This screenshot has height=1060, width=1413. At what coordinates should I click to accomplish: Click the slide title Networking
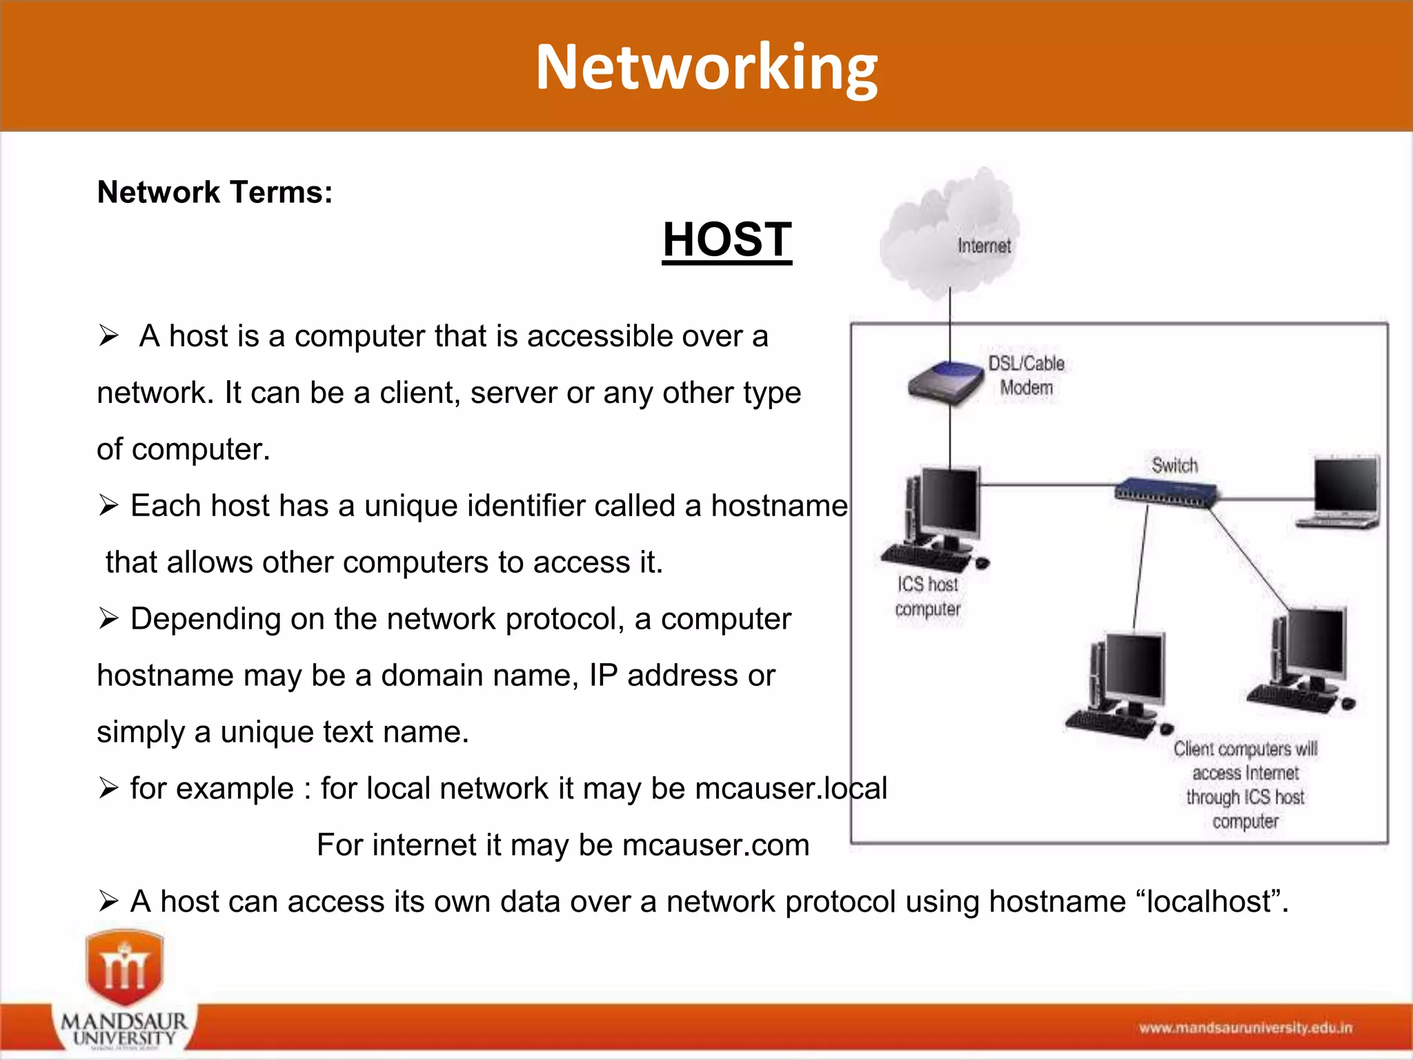706,68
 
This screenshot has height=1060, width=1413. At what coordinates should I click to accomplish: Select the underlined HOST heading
727,240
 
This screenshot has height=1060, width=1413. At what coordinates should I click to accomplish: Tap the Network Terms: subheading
215,193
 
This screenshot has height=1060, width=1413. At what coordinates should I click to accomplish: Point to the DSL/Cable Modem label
1027,376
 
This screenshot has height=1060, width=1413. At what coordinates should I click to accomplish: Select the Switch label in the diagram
1174,466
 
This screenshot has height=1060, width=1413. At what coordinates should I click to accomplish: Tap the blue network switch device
1166,491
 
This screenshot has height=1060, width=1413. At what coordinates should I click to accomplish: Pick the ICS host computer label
928,597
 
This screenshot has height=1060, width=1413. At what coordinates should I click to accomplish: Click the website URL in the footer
1245,1028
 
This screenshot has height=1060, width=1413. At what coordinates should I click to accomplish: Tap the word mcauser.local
791,789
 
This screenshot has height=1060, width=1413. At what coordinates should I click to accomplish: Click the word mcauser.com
715,845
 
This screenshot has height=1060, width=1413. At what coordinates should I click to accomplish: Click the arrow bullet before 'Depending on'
108,618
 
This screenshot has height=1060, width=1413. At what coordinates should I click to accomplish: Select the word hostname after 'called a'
779,506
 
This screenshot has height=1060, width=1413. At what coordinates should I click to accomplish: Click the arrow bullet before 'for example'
108,788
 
